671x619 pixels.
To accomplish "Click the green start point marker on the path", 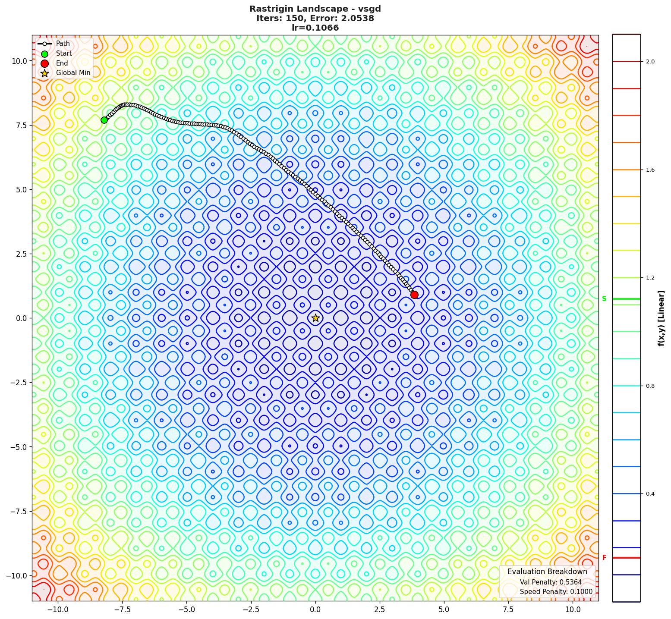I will click(x=104, y=120).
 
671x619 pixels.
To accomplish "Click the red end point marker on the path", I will click(x=414, y=295).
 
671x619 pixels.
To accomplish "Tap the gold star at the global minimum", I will click(x=315, y=318).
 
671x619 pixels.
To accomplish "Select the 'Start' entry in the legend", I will click(x=63, y=53).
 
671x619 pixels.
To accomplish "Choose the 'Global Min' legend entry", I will click(x=73, y=73).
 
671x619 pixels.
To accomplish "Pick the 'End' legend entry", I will click(x=62, y=63).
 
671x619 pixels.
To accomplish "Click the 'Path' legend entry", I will click(x=63, y=44).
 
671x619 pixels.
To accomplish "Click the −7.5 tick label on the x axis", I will click(x=122, y=610).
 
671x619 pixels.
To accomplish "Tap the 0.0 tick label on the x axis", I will click(x=315, y=610).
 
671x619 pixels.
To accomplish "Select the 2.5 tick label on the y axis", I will click(x=19, y=254).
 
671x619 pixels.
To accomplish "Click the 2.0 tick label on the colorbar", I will click(x=650, y=62).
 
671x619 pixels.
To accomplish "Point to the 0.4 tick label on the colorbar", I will click(x=650, y=494).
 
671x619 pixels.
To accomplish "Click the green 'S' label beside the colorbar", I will click(x=604, y=299).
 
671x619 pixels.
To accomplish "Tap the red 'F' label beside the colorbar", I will click(x=604, y=558).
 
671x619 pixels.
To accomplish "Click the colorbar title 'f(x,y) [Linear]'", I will click(x=661, y=318).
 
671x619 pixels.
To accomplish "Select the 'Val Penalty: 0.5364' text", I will click(x=551, y=582).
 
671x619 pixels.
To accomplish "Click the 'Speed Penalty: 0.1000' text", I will click(x=556, y=592).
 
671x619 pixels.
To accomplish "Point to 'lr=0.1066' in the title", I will click(x=315, y=28).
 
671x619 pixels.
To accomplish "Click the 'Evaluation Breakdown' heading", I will click(x=547, y=572).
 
